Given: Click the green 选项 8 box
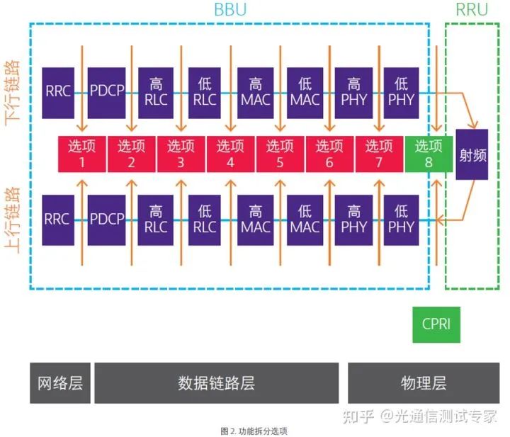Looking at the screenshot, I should click(429, 154).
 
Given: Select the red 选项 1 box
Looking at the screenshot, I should click(81, 154).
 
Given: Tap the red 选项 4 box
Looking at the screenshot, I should click(230, 154).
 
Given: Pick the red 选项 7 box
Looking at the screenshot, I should click(379, 154).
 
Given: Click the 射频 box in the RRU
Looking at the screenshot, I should click(472, 154).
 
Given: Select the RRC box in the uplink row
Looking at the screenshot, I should click(57, 220).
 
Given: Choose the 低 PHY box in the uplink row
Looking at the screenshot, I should click(402, 220).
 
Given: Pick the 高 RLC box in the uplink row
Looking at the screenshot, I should click(156, 220).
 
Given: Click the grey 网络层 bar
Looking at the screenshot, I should click(60, 383).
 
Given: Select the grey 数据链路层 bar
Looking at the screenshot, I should click(216, 383).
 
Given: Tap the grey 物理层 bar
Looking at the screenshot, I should click(423, 383).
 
